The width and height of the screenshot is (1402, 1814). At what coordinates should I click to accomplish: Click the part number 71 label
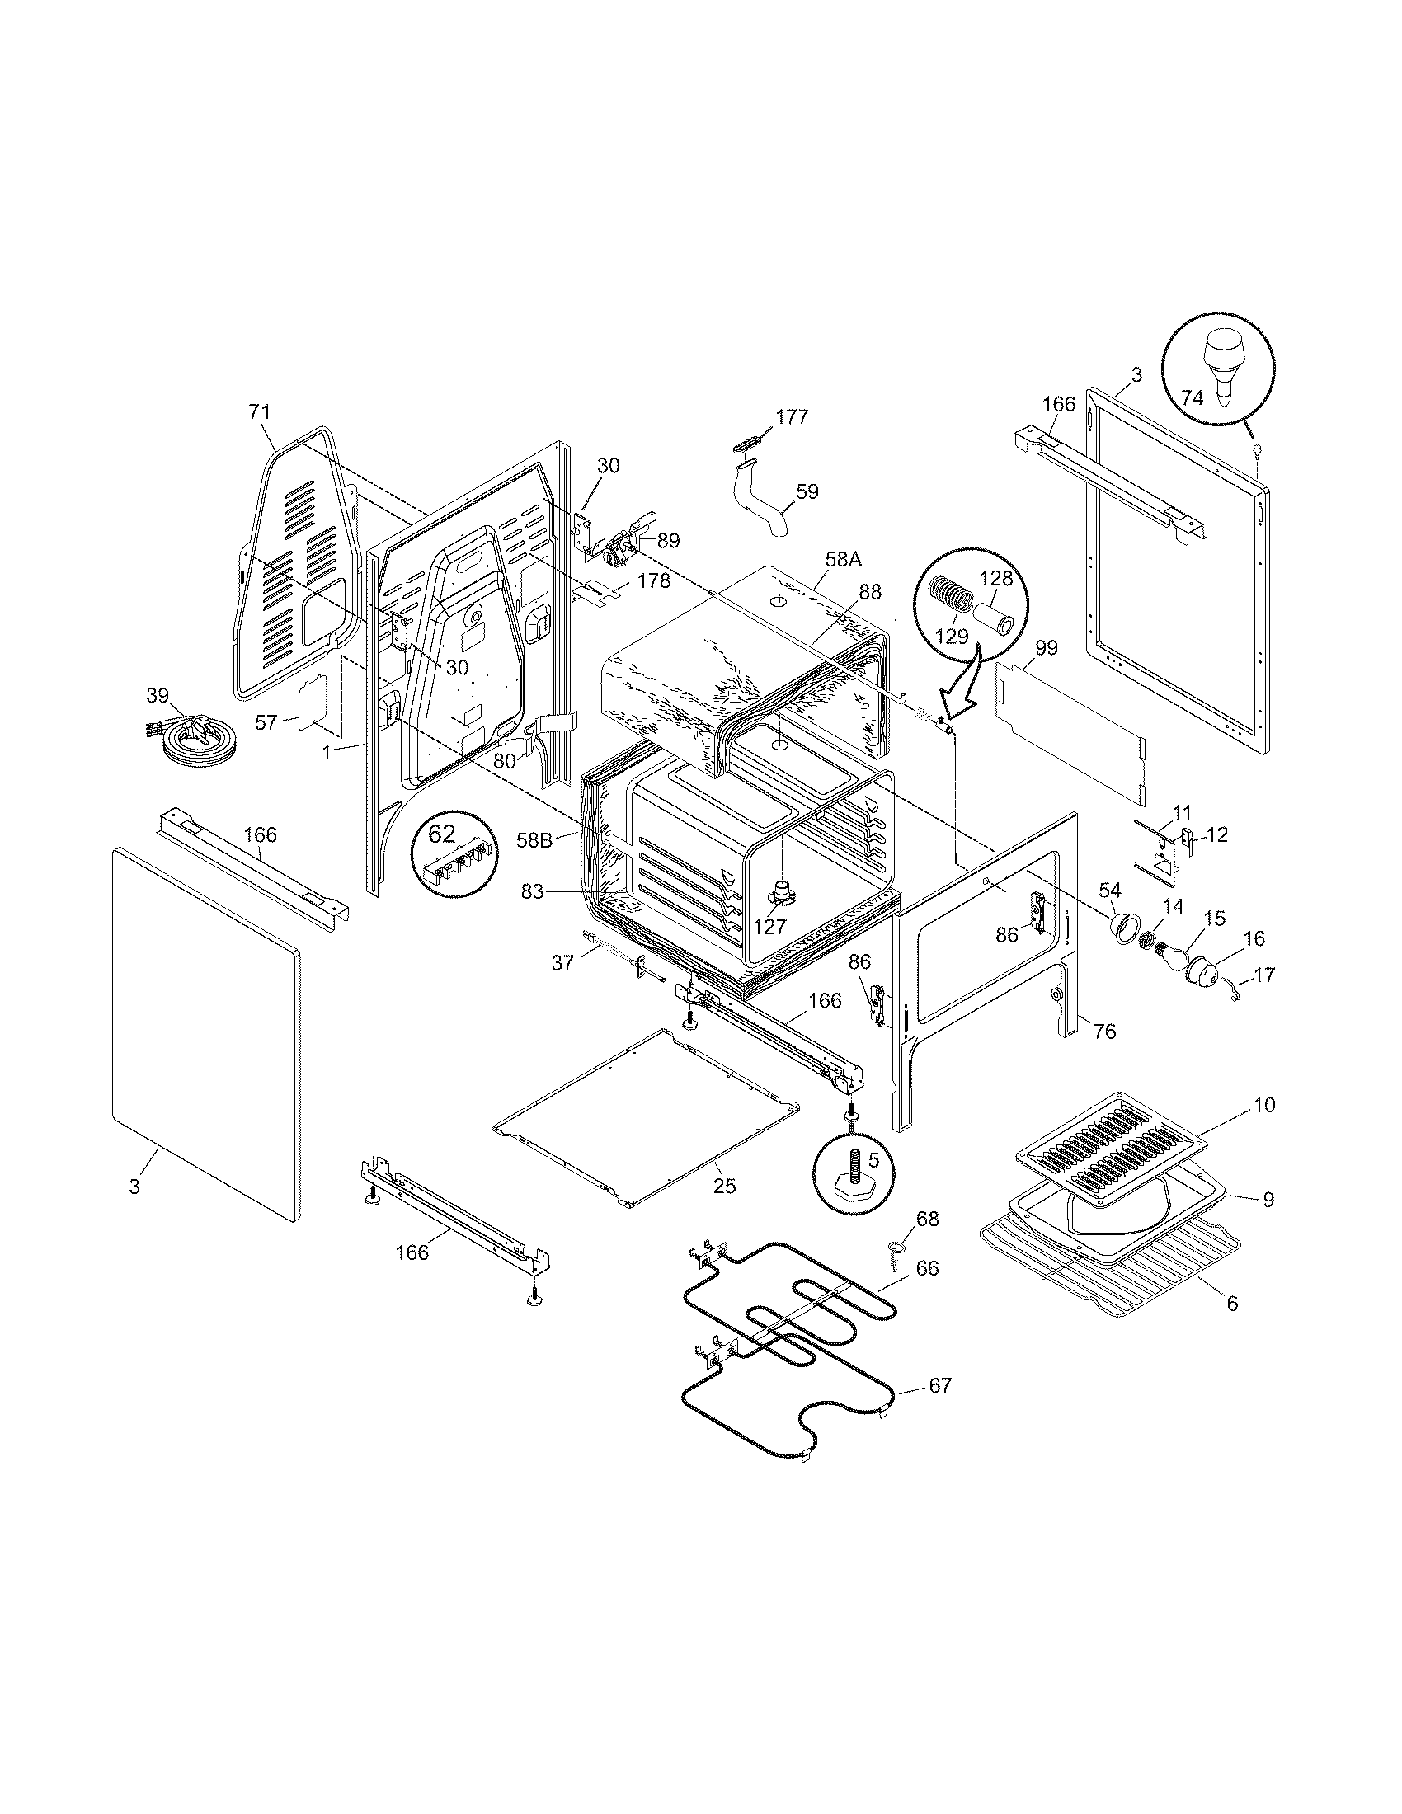point(259,412)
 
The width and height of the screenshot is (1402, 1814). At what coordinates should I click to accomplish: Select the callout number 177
point(793,417)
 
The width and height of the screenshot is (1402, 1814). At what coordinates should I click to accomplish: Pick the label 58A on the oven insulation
point(844,560)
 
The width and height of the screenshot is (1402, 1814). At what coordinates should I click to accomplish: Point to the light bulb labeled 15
point(1174,942)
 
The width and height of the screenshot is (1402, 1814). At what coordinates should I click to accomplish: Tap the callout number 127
point(769,926)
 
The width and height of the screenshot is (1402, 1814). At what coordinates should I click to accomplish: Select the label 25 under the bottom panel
point(724,1185)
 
